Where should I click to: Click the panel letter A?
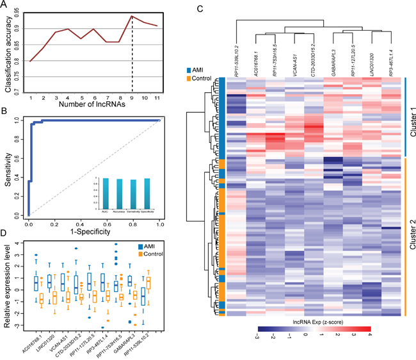pyautogui.click(x=6, y=6)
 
